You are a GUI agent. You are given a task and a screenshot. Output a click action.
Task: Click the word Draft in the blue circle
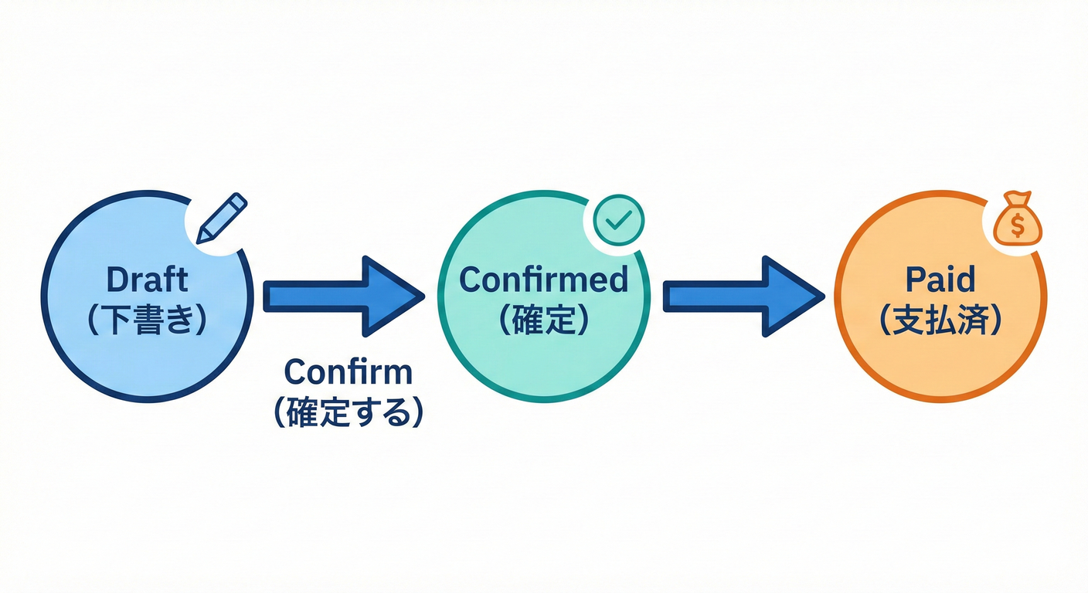coord(147,280)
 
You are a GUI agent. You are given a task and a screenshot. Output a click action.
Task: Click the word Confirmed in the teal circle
coord(543,280)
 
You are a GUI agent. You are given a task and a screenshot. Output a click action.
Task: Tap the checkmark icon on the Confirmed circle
coord(618,221)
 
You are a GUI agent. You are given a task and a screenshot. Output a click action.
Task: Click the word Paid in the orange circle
coord(941,280)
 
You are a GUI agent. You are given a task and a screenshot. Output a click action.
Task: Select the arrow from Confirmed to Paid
coord(743,296)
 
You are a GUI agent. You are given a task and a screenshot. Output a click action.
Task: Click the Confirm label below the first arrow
coord(348,372)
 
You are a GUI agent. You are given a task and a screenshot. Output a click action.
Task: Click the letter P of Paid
coord(916,280)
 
